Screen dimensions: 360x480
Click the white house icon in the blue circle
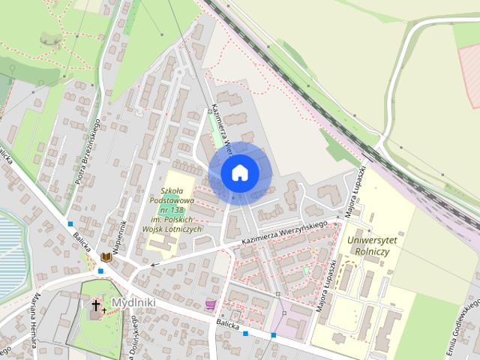coord(239,172)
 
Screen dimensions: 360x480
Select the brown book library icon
coord(106,257)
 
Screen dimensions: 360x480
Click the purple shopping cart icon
coord(210,304)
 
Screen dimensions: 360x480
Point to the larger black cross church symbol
coord(96,305)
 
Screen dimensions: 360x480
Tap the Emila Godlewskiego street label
coord(462,330)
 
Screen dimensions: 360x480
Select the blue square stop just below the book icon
coord(100,271)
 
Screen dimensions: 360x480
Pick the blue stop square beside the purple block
coord(274,334)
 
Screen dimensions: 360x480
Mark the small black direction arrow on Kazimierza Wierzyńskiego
coord(153,264)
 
